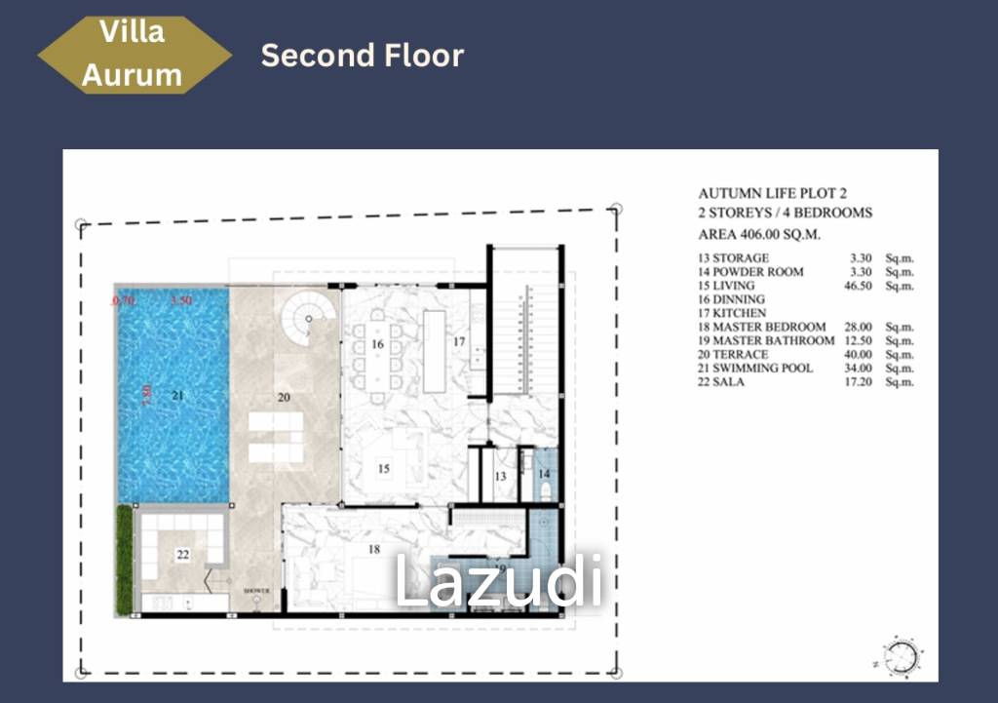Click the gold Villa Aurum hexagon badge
pyautogui.click(x=134, y=55)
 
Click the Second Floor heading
pyautogui.click(x=362, y=56)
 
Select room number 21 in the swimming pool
pyautogui.click(x=177, y=396)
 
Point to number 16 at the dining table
pyautogui.click(x=377, y=344)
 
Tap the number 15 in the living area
pyautogui.click(x=384, y=469)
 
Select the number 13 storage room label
pyautogui.click(x=499, y=476)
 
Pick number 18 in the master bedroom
pyautogui.click(x=373, y=550)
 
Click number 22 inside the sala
pyautogui.click(x=182, y=555)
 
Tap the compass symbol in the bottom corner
pyautogui.click(x=902, y=655)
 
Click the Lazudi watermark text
pyautogui.click(x=498, y=582)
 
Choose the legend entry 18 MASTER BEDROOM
pyautogui.click(x=762, y=327)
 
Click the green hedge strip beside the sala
pyautogui.click(x=124, y=560)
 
